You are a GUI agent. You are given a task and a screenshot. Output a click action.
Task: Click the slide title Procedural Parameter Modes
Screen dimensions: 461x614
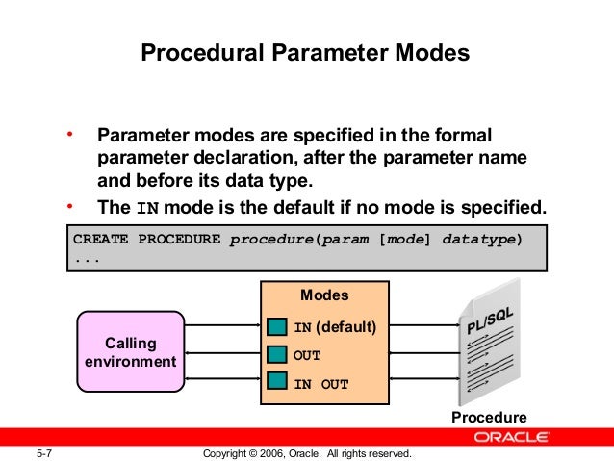(x=306, y=52)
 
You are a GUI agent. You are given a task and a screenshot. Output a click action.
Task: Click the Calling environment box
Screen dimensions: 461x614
(x=131, y=352)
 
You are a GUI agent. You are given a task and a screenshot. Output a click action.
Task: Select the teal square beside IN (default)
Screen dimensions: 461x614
(x=278, y=328)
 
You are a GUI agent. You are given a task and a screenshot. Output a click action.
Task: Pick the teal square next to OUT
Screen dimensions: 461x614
(x=278, y=354)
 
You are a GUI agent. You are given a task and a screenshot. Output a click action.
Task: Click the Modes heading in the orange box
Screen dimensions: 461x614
(x=324, y=295)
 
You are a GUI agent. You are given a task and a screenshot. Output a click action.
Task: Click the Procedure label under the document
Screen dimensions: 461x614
(x=490, y=418)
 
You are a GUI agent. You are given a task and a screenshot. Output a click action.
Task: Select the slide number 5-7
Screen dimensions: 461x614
(x=44, y=452)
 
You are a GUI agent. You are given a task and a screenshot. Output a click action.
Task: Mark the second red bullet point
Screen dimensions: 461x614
(x=69, y=205)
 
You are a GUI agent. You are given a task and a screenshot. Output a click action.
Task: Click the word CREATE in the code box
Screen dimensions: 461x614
(x=101, y=239)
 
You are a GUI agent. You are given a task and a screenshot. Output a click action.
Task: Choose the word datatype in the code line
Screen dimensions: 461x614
(x=481, y=239)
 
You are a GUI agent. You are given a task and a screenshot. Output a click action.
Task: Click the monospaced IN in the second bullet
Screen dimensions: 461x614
(x=145, y=208)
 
